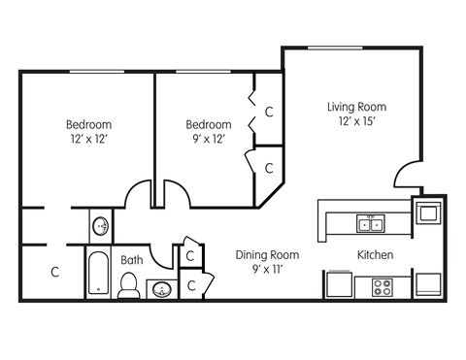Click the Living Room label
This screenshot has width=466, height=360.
[x=356, y=107]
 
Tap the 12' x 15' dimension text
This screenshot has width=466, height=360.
[x=356, y=122]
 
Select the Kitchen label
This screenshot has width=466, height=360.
[x=375, y=255]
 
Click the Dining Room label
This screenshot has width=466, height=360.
[x=267, y=255]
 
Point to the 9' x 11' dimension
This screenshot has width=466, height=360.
[x=267, y=270]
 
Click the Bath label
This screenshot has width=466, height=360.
[x=132, y=260]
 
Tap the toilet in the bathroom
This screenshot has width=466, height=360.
[x=128, y=284]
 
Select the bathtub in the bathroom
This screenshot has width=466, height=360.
[x=98, y=274]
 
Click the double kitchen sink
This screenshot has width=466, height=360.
[x=370, y=224]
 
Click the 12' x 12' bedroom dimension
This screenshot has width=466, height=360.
[x=88, y=140]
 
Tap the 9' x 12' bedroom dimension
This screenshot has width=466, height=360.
[x=209, y=140]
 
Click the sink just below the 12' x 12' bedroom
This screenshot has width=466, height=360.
[x=101, y=226]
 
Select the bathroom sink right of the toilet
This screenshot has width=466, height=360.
[x=160, y=289]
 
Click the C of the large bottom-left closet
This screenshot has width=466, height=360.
[x=54, y=273]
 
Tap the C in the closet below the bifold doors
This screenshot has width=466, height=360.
[x=269, y=167]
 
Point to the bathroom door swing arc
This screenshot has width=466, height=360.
[x=190, y=245]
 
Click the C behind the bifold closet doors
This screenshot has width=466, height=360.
[x=269, y=113]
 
